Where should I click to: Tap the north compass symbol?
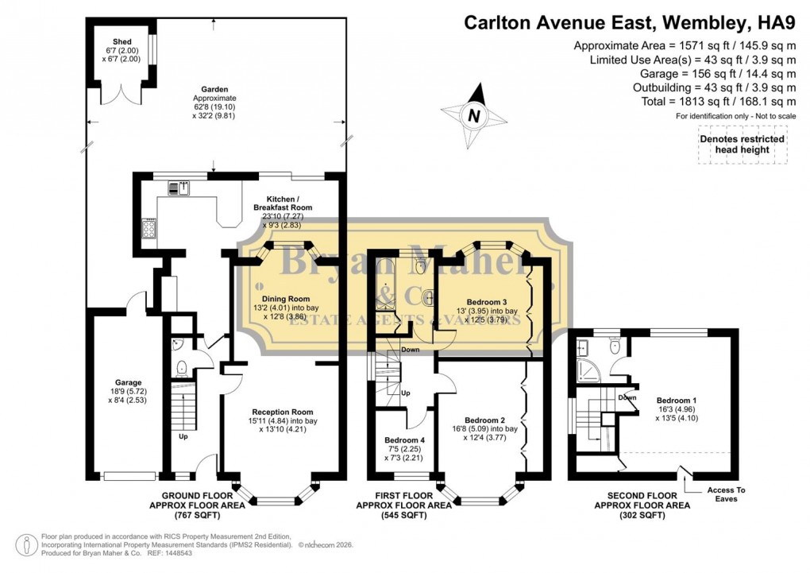tap(474, 115)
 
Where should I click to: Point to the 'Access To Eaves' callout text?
tap(722, 494)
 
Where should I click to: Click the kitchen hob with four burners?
tap(148, 230)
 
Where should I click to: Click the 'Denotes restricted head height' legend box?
tap(741, 144)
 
